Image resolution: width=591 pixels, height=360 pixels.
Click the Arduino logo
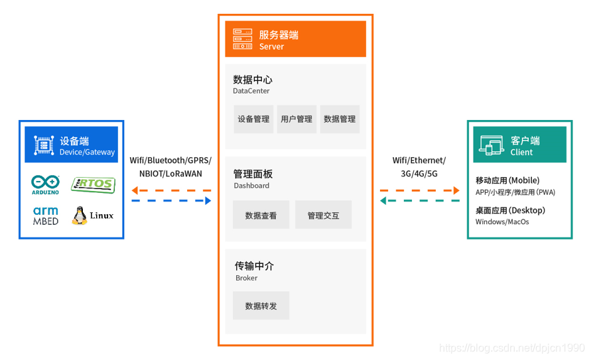tap(46, 184)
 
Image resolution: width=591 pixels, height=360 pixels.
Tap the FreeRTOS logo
tap(93, 184)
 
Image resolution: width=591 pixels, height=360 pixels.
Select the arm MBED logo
tap(46, 215)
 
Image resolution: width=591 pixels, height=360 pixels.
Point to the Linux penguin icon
tap(80, 215)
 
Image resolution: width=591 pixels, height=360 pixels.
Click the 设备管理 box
tap(253, 119)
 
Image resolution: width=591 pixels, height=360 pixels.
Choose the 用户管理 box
tap(296, 119)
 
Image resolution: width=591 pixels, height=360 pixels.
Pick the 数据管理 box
tap(340, 119)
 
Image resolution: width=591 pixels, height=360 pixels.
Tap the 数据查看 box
tap(261, 215)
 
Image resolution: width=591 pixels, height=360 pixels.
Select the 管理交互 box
tap(323, 215)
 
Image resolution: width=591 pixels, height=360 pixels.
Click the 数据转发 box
tap(261, 306)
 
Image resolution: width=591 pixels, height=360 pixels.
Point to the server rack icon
tap(243, 39)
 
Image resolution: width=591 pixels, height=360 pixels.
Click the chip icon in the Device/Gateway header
tap(44, 145)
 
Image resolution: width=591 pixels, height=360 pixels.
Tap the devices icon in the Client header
tap(492, 145)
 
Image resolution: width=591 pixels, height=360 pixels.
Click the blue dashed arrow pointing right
tap(171, 200)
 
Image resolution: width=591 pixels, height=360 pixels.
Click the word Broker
tap(246, 278)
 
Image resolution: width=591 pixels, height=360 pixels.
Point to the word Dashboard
tap(251, 186)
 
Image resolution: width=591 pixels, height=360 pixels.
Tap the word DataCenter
tap(251, 91)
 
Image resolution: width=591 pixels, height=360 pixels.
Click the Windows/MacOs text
tap(502, 222)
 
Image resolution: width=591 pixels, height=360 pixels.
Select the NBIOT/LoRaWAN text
tap(170, 174)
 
